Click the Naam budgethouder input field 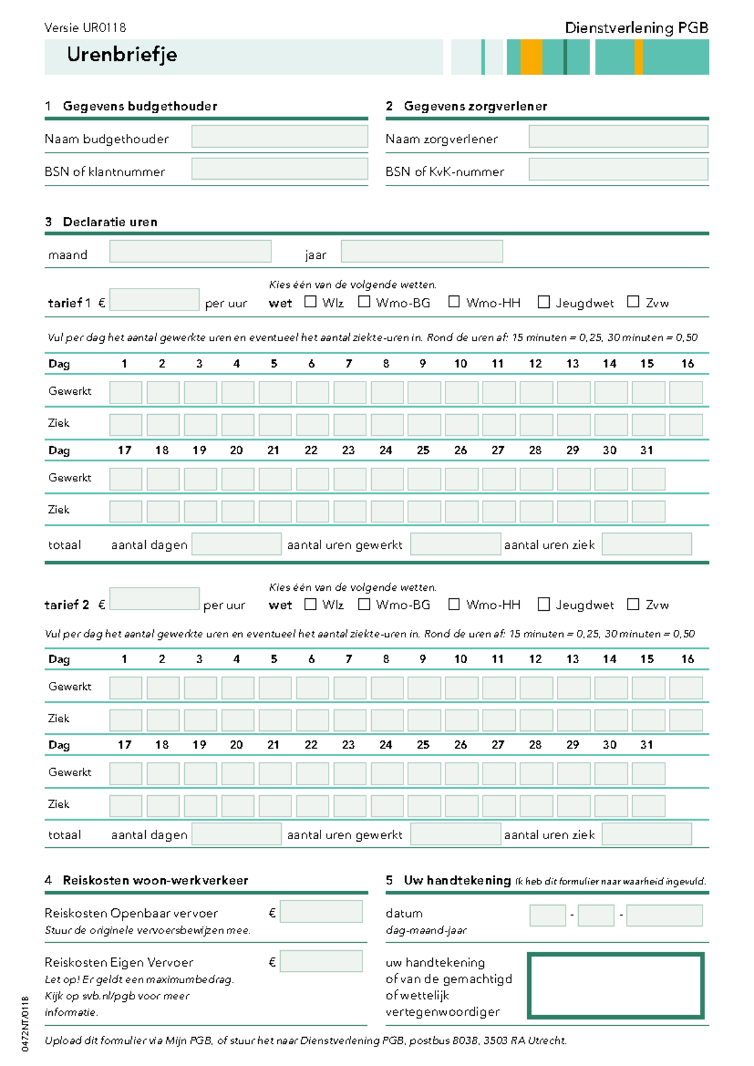coord(280,136)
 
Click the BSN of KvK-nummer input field coord(618,169)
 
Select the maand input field coord(190,251)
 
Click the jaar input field coord(422,251)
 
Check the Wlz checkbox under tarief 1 coord(310,302)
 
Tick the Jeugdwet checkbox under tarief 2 coord(544,604)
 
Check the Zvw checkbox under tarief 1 coord(633,302)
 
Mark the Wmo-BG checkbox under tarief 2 coord(364,604)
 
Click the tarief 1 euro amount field coord(155,300)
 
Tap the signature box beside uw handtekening coord(615,986)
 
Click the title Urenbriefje coord(122,55)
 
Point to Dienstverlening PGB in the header coord(637,28)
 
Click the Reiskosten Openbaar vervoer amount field coord(321,911)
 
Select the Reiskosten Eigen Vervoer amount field coord(321,961)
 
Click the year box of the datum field coord(664,915)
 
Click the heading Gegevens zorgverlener coord(475,106)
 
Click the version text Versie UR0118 coord(85,28)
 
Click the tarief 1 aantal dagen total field coord(236,544)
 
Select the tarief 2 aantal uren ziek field coord(647,834)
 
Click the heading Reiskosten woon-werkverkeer coord(155,880)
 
